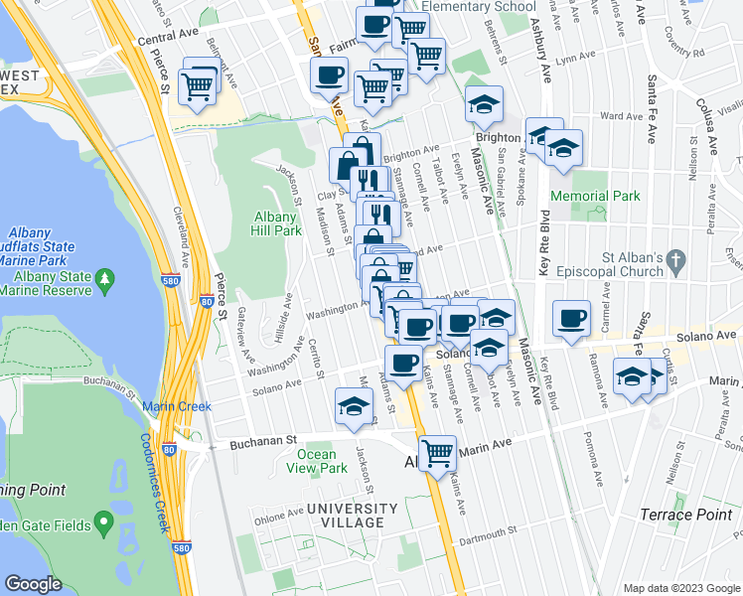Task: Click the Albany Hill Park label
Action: pos(277,223)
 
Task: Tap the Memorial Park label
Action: pos(595,196)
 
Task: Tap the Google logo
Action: pos(34,583)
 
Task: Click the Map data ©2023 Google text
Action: pos(680,588)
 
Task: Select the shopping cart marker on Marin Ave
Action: pos(437,453)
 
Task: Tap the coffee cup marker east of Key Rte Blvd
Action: pos(571,318)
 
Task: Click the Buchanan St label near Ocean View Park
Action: pos(265,438)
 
